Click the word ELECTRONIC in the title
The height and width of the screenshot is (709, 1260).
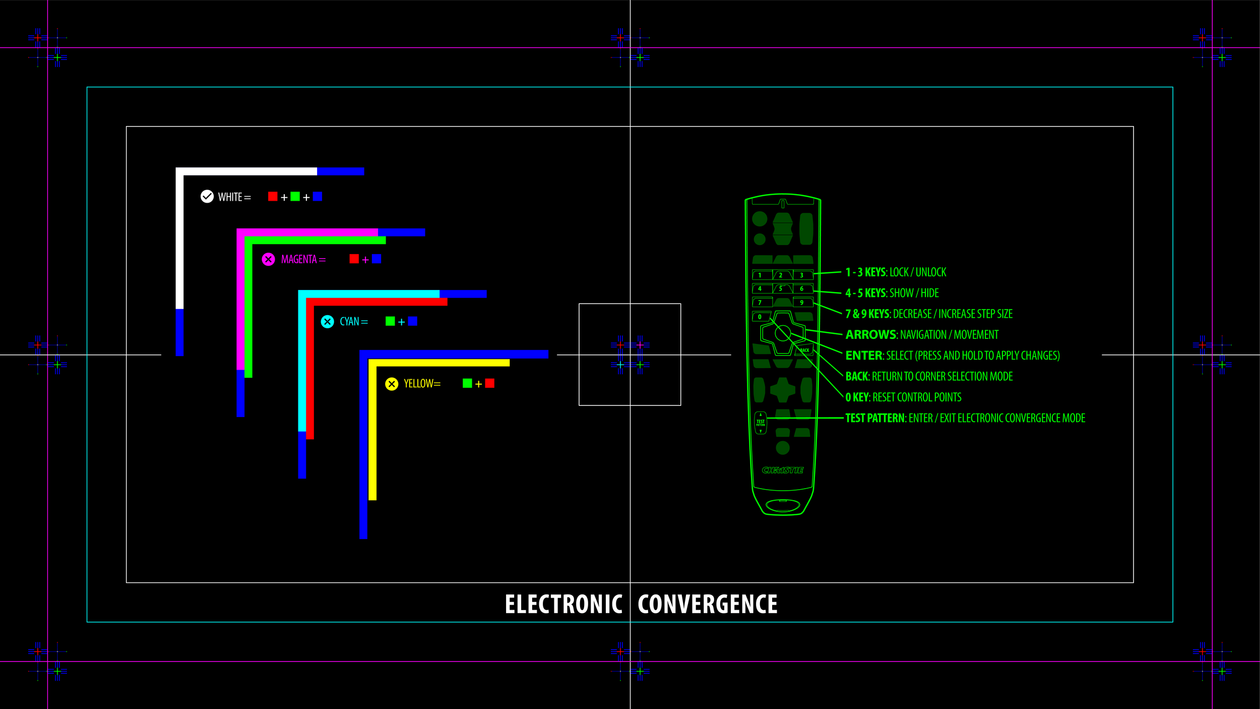point(563,604)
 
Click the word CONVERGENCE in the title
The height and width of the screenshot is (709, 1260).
point(707,604)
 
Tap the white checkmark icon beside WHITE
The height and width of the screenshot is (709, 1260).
point(207,197)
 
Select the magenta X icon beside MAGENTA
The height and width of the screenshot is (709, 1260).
point(268,259)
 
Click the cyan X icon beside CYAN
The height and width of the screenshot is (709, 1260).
point(328,322)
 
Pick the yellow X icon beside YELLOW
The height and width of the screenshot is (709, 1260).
point(392,384)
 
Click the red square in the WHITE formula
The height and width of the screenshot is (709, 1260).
point(273,196)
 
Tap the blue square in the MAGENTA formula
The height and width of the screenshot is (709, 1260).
point(376,259)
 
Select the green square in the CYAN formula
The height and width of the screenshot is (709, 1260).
point(390,321)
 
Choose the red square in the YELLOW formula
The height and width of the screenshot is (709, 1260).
point(489,383)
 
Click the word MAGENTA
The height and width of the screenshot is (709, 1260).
point(299,259)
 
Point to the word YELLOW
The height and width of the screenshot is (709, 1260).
point(419,384)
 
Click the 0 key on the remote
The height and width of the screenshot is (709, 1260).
point(760,317)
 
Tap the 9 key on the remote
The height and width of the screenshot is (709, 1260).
point(802,303)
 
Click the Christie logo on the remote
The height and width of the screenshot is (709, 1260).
point(782,470)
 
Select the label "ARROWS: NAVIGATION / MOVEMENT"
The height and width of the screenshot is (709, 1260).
point(922,335)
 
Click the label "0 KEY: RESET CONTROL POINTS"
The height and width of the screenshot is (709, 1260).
point(903,397)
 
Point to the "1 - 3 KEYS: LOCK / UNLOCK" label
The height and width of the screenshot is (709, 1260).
point(896,272)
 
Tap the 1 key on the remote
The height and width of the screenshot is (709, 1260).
point(760,275)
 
